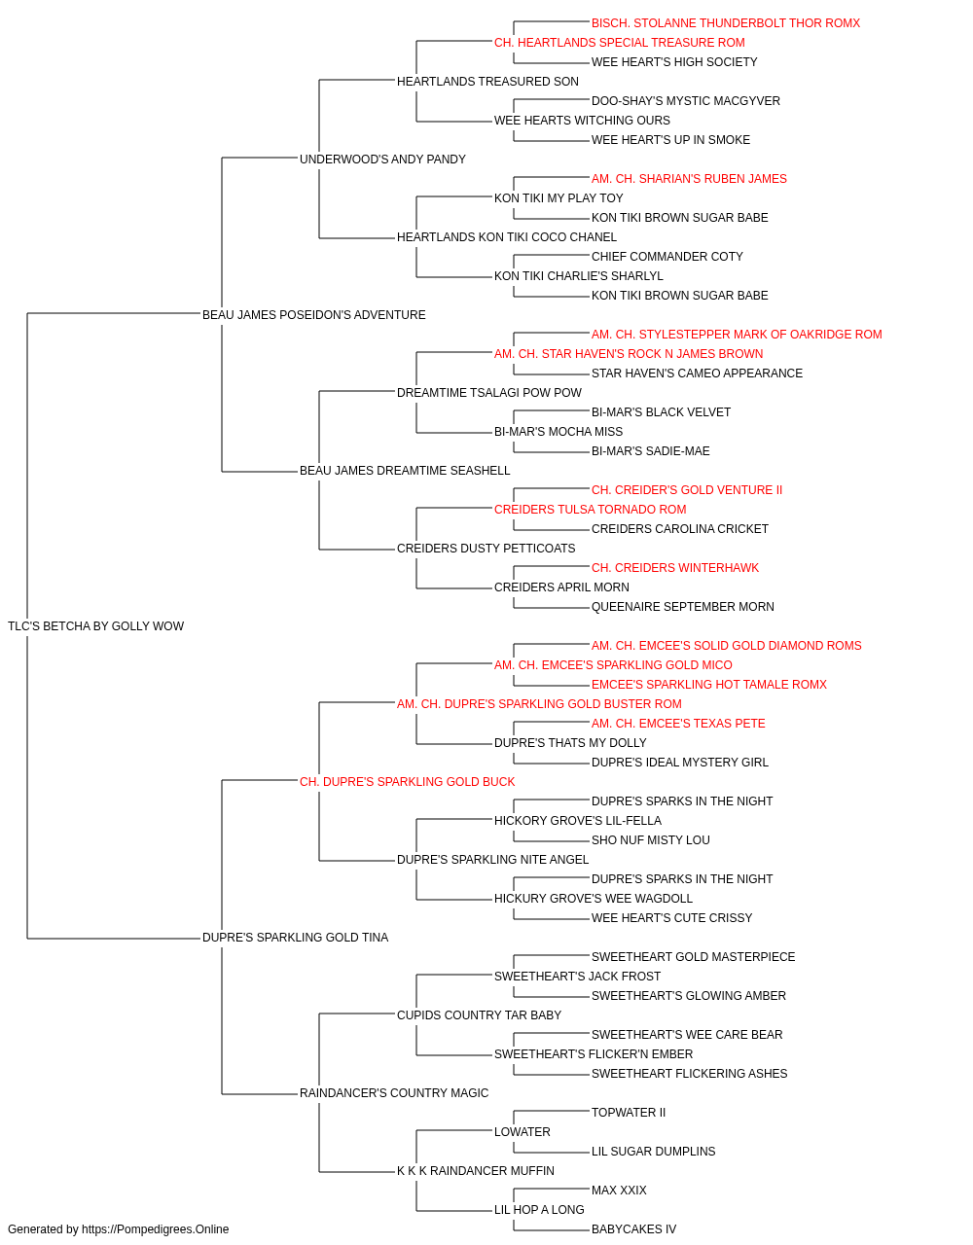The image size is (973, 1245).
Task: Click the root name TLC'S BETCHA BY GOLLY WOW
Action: pos(95,626)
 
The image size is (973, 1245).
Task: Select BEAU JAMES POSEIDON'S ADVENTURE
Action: pos(314,315)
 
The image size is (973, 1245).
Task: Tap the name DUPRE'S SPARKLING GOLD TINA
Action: pos(295,938)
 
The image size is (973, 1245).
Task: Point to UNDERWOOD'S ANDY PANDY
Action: pos(382,160)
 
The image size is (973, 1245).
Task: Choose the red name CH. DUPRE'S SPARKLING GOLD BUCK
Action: pos(408,782)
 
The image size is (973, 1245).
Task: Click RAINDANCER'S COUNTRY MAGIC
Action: pos(394,1093)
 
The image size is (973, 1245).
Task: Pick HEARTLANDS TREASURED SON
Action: pos(487,82)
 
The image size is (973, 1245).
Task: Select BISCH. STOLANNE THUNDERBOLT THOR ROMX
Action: pos(726,23)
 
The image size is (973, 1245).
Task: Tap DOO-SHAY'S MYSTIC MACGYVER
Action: pos(686,101)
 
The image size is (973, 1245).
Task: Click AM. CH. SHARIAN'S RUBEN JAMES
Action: pos(689,179)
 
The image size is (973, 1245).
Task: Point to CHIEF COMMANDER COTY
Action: pos(667,257)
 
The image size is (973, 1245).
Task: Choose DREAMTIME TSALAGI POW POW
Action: pos(489,393)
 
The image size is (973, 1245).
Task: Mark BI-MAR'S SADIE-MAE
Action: pos(650,451)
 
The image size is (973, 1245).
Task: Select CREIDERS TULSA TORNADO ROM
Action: pos(591,510)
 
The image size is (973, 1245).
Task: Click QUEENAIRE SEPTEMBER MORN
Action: pos(682,607)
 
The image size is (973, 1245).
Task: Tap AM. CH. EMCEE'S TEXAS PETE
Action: pos(678,724)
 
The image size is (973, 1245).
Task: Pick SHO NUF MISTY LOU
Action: pos(650,840)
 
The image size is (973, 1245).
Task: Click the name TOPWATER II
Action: pos(629,1113)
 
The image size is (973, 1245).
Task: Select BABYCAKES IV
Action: pos(633,1229)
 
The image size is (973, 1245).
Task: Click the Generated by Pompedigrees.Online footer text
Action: pos(118,1229)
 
